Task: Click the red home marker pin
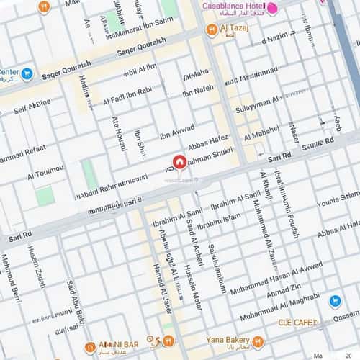[180, 163]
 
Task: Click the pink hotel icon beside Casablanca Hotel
[273, 7]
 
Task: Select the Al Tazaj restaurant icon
[212, 30]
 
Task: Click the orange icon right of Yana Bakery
[258, 342]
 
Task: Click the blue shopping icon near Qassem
[335, 301]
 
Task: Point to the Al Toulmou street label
[45, 172]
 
